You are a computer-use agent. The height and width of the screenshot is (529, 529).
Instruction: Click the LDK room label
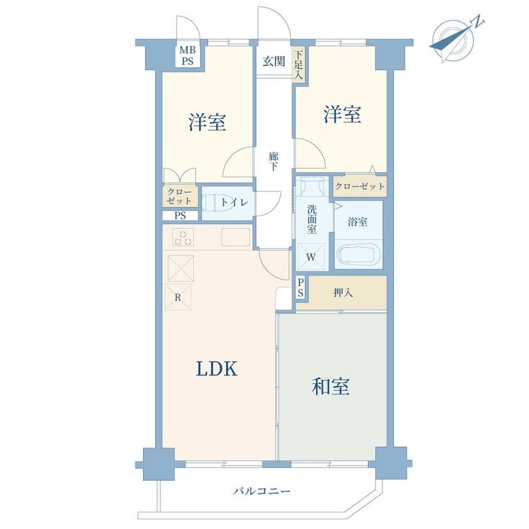click(217, 369)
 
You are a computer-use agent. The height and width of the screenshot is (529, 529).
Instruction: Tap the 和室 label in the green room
click(331, 386)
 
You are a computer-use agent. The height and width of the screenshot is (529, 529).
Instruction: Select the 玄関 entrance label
click(274, 62)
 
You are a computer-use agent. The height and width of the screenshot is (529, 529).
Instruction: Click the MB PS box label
click(187, 55)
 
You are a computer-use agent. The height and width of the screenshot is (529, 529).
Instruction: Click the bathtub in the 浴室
click(359, 255)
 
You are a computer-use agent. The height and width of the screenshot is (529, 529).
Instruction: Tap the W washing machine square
click(311, 257)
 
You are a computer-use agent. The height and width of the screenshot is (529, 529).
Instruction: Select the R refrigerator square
click(178, 297)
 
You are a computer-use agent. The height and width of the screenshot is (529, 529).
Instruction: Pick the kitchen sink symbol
click(236, 237)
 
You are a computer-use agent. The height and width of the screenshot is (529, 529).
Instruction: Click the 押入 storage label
click(343, 293)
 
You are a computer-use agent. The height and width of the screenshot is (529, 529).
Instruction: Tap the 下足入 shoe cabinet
click(298, 65)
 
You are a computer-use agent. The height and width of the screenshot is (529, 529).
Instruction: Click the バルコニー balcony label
click(262, 490)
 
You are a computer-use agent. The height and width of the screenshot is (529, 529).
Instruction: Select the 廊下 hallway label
click(273, 161)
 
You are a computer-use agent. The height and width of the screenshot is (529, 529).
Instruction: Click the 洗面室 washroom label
click(312, 218)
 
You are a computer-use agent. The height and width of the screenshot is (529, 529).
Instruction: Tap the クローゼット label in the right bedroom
click(359, 186)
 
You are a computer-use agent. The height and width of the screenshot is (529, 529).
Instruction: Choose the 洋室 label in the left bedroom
click(207, 122)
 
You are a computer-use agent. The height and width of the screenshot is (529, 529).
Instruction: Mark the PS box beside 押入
click(301, 287)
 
